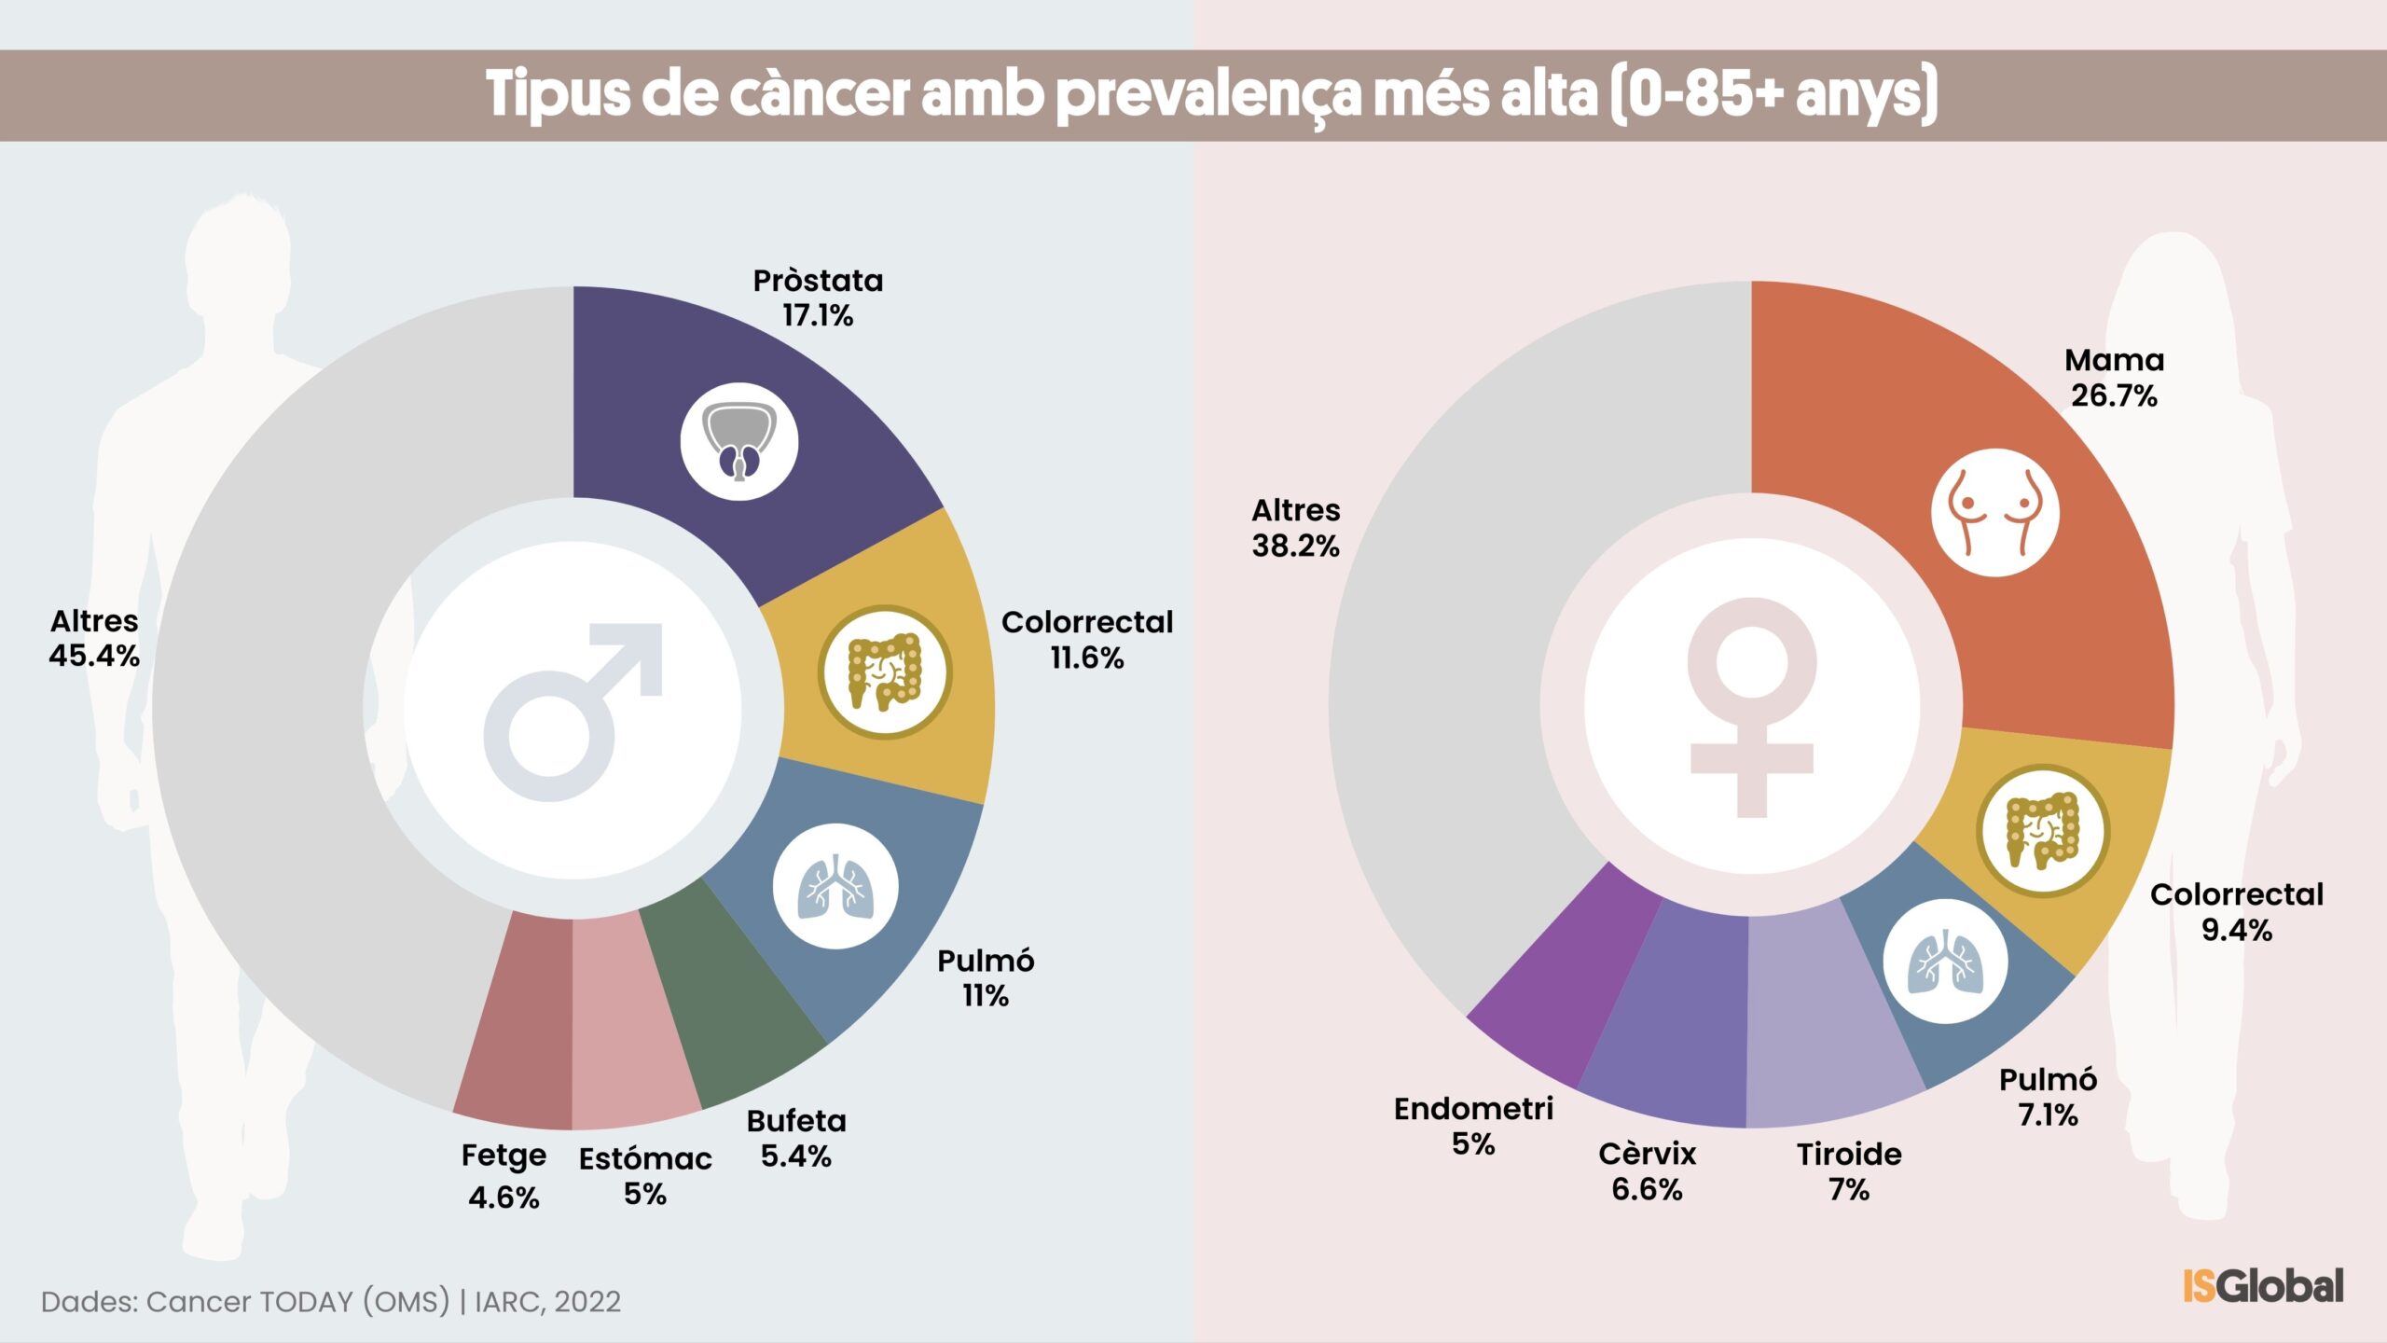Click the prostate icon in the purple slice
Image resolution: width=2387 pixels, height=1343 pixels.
pos(738,441)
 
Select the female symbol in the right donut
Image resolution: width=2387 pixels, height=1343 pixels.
pos(1751,707)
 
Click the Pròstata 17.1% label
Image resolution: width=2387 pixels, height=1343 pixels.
pos(818,298)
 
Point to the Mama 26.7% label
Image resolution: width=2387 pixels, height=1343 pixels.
pos(2114,378)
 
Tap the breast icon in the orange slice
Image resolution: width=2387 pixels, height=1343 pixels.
pos(1994,513)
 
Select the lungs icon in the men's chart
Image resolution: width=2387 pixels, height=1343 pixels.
pos(835,886)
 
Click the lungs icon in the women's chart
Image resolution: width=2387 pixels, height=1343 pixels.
pos(1945,962)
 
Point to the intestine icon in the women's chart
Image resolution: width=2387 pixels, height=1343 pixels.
pos(2042,831)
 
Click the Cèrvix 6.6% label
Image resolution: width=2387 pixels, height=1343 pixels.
pos(1647,1171)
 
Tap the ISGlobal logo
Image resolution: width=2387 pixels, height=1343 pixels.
pos(2263,1286)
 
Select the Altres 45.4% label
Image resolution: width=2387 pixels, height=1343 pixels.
pos(94,638)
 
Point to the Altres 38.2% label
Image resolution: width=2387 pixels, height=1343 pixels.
pos(1295,528)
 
